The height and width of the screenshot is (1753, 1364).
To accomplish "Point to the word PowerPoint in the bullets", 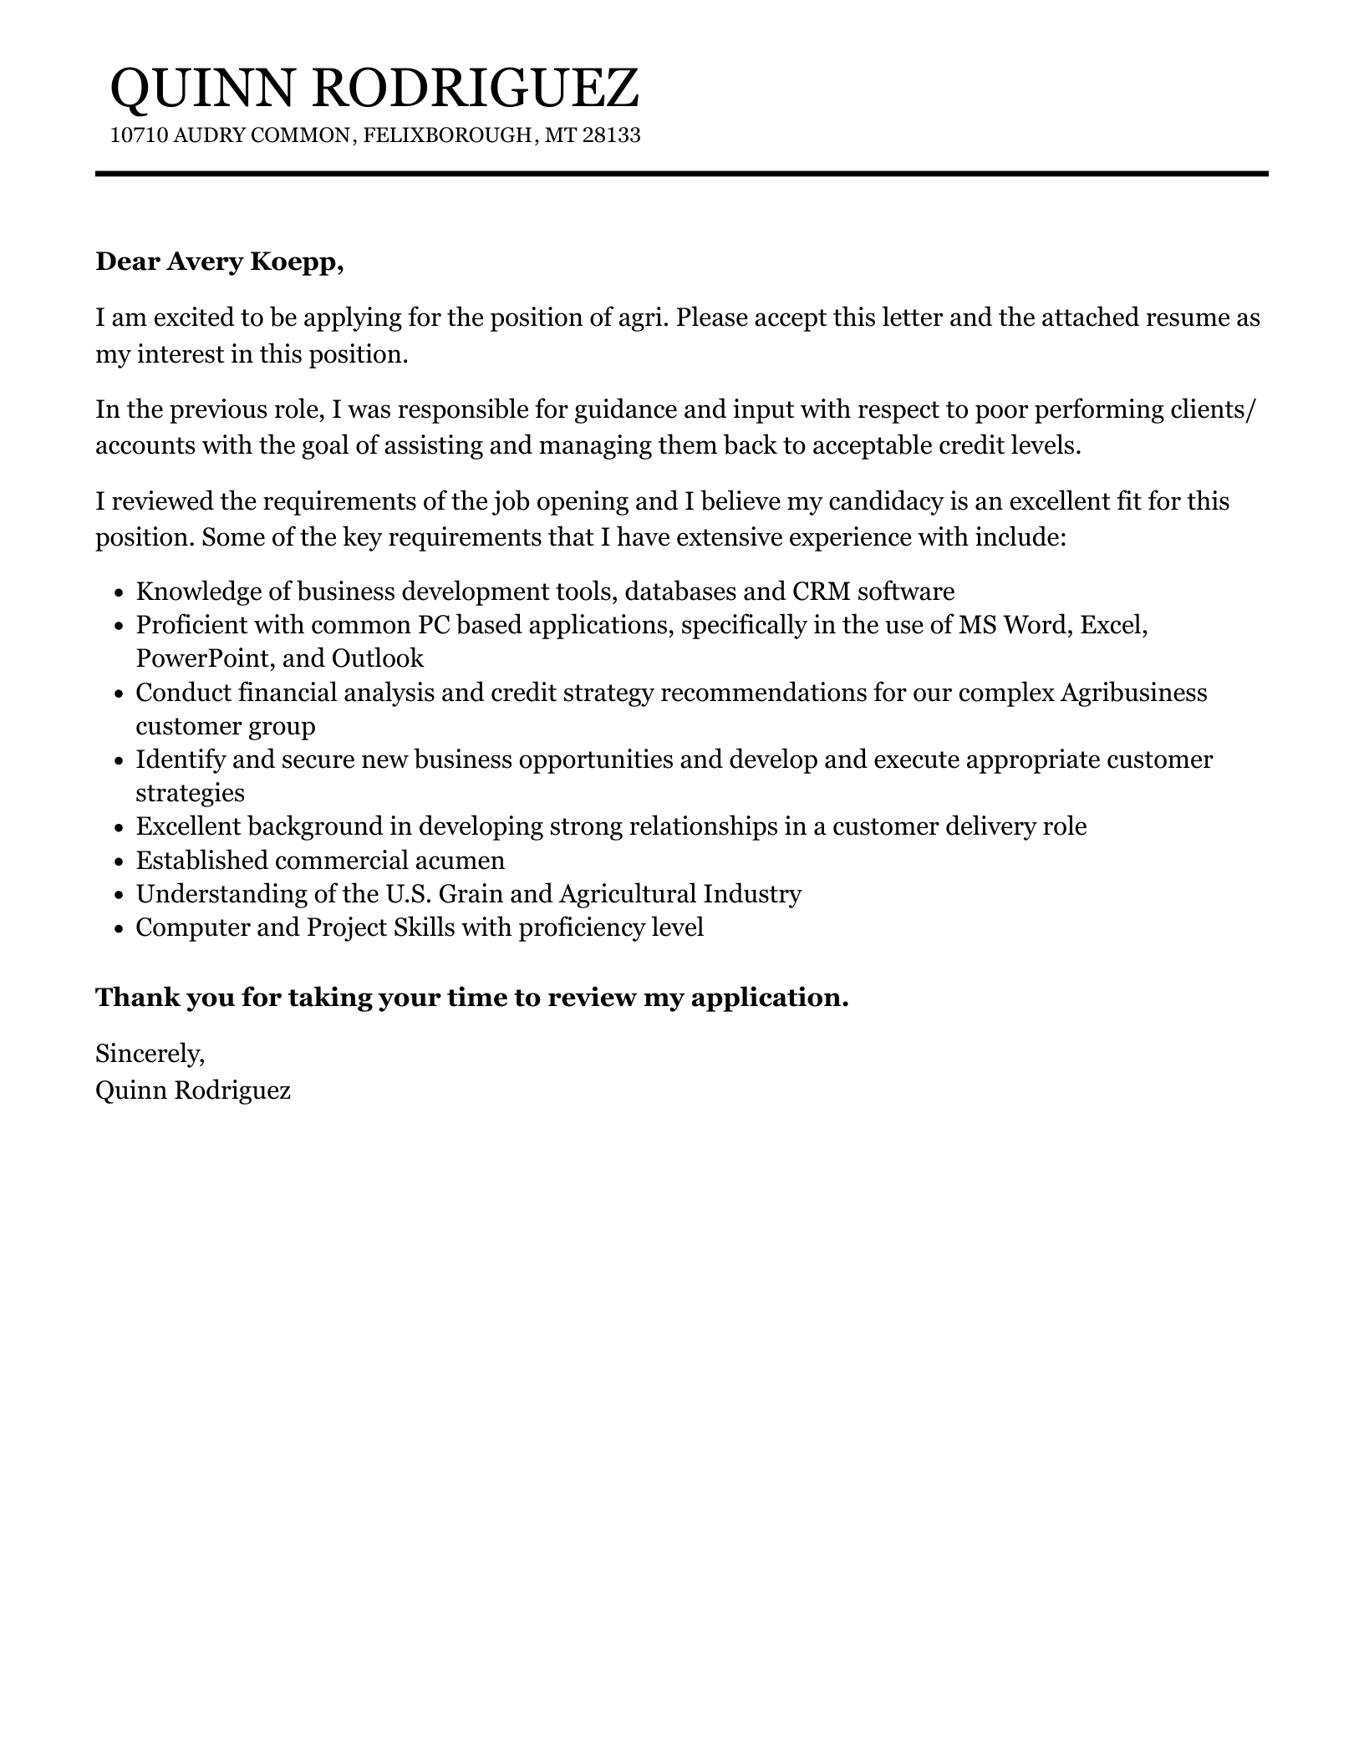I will [204, 659].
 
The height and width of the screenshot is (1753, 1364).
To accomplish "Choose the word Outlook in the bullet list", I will [378, 659].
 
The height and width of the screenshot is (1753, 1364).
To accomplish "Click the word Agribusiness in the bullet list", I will [1133, 694].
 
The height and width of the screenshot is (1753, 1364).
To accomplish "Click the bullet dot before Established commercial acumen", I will [120, 861].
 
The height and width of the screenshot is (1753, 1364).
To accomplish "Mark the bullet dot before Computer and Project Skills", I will [120, 928].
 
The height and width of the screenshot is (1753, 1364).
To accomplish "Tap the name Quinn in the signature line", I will [130, 1090].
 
